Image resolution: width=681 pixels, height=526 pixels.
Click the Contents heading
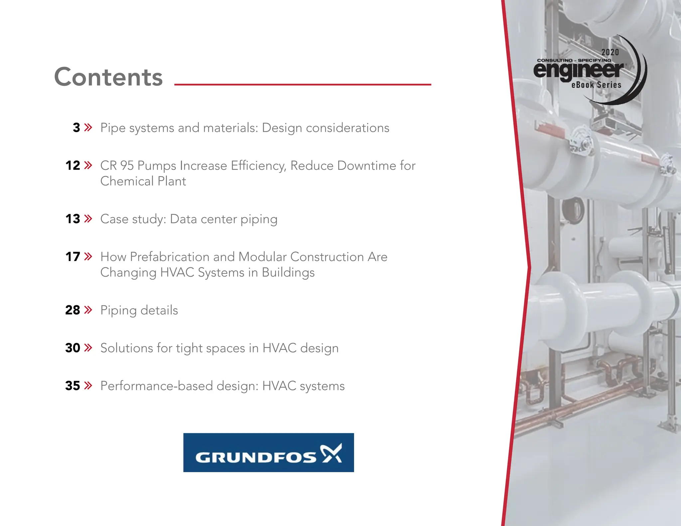click(x=108, y=77)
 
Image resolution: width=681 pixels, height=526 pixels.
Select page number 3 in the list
click(x=76, y=128)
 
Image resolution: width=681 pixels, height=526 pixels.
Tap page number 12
click(x=73, y=166)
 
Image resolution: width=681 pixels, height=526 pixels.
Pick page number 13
click(x=73, y=219)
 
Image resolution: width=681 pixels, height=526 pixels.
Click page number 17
click(x=73, y=257)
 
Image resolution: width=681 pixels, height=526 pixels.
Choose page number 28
click(x=73, y=310)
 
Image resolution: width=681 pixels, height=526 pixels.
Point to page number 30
click(x=73, y=348)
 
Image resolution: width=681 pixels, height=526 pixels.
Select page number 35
click(x=73, y=386)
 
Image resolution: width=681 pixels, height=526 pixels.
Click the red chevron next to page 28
click(x=88, y=310)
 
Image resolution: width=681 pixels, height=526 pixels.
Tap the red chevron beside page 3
click(x=88, y=127)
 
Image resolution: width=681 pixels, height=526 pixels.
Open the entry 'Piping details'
click(x=139, y=311)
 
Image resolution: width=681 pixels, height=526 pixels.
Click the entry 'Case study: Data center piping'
click(x=189, y=219)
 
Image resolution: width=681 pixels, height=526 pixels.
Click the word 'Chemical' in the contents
click(x=127, y=182)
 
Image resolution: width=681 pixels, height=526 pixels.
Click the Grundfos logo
click(x=268, y=453)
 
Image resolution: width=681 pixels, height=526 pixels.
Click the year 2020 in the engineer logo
click(x=610, y=52)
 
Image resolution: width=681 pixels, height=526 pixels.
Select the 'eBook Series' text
click(x=596, y=85)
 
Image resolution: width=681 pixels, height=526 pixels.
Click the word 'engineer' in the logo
click(x=579, y=70)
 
